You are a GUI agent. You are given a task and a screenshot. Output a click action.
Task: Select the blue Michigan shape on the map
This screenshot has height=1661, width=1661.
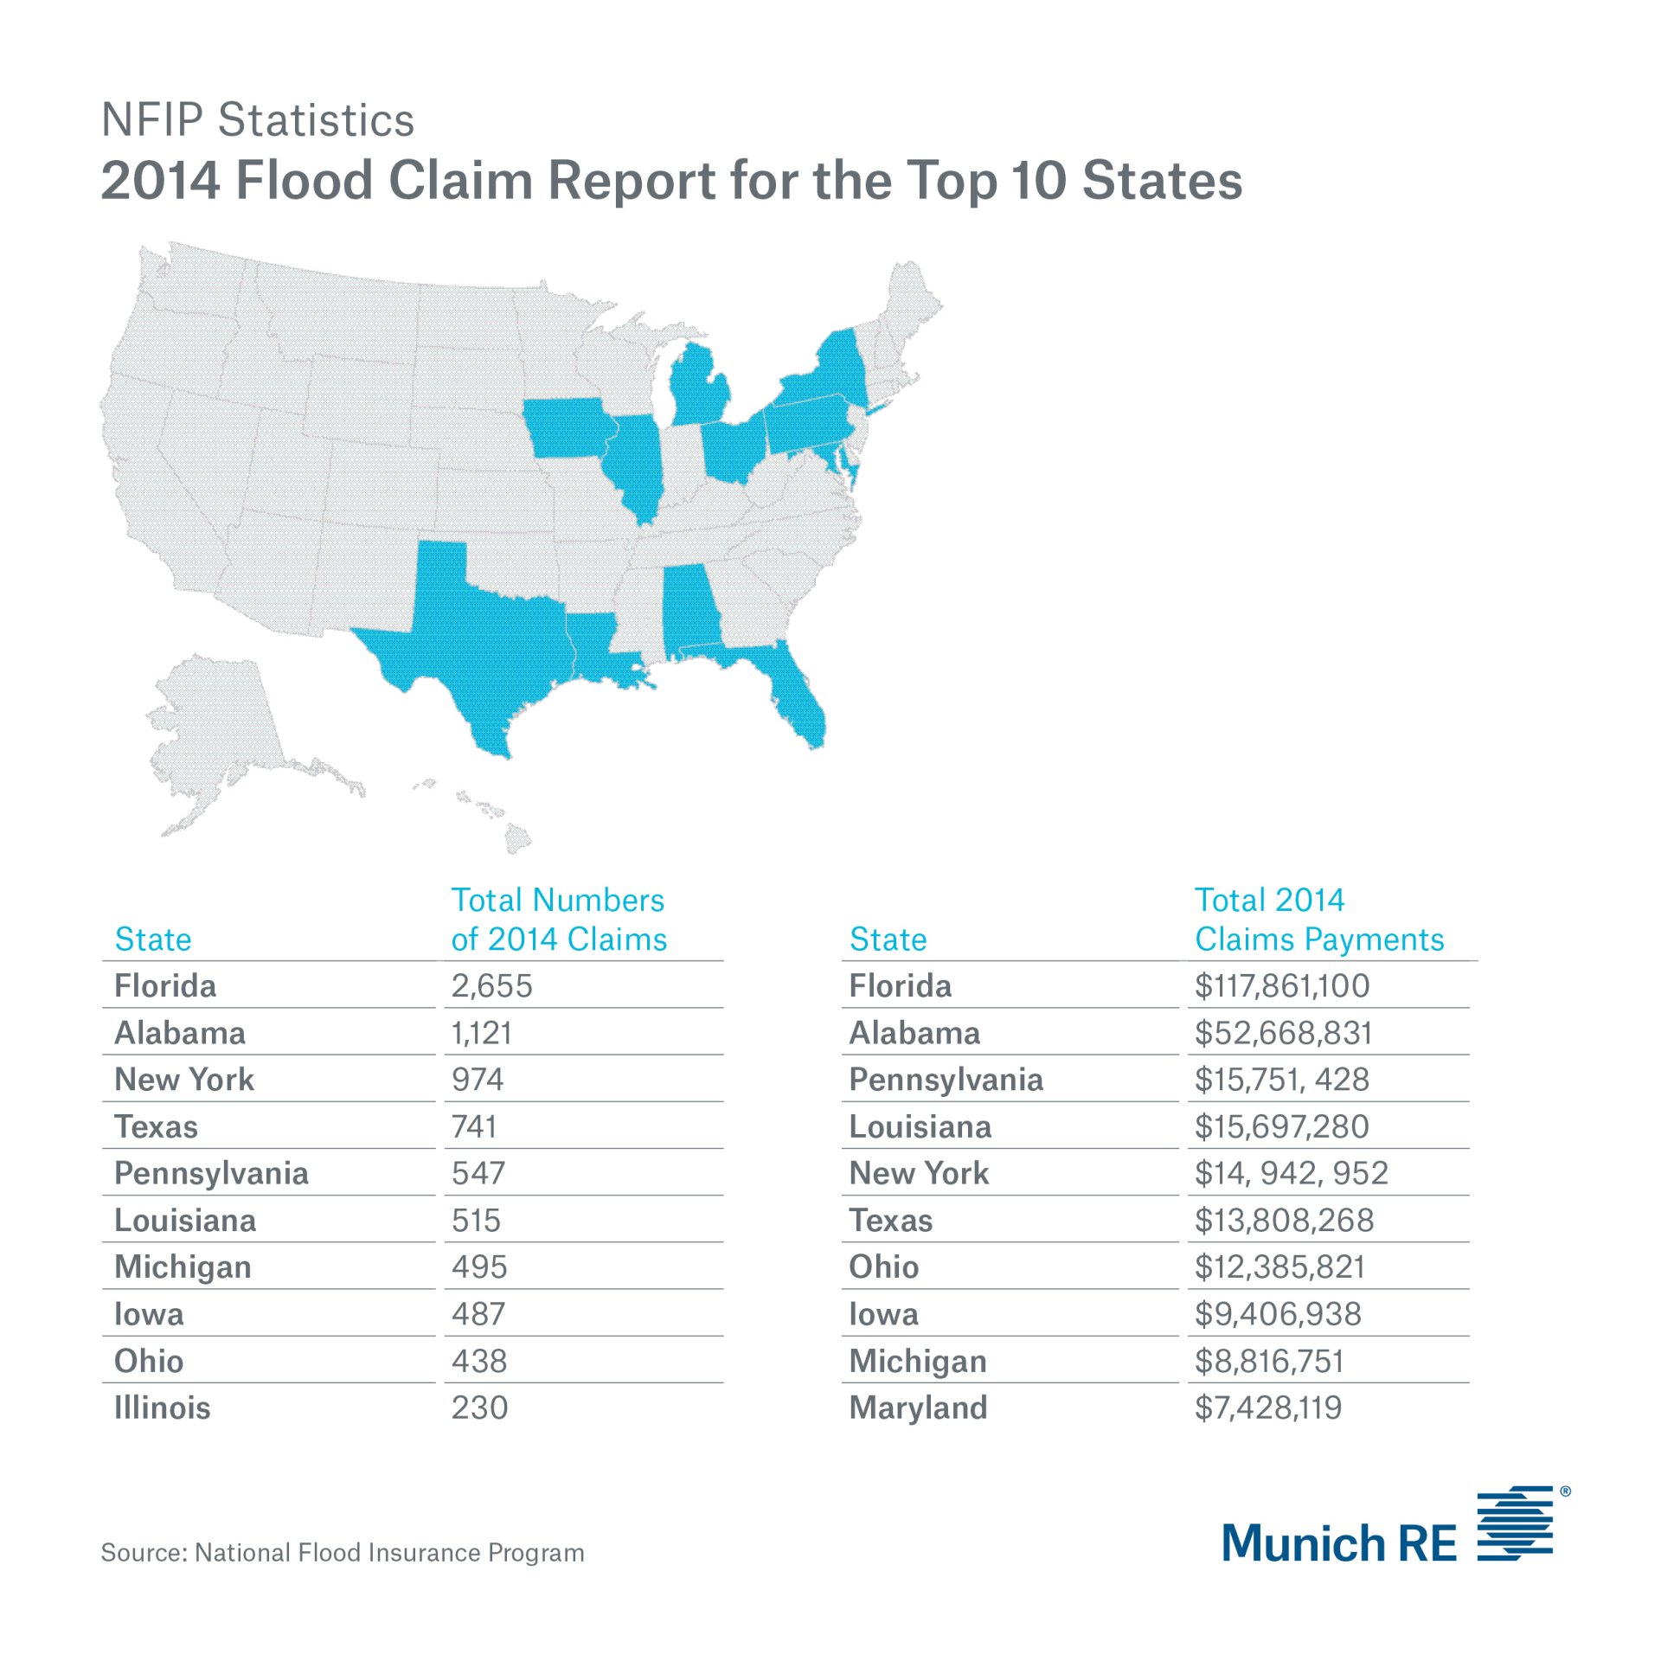coord(699,389)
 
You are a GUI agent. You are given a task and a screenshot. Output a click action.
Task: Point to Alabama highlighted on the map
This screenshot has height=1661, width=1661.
coord(690,610)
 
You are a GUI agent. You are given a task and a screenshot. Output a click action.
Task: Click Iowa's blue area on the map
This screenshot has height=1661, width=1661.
coord(567,428)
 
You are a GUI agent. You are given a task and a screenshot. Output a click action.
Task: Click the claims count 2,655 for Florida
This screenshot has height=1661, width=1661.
coord(491,986)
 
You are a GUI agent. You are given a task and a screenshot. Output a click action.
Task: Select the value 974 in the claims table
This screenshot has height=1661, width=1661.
coord(477,1080)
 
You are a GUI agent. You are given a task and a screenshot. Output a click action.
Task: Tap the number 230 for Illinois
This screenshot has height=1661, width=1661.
coord(479,1408)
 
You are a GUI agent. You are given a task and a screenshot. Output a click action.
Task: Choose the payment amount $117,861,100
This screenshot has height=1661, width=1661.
coord(1281,986)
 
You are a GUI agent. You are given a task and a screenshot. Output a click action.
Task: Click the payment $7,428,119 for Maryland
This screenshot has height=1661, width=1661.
coord(1267,1408)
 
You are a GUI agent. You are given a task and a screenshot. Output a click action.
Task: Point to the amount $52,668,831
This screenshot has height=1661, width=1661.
coord(1283,1033)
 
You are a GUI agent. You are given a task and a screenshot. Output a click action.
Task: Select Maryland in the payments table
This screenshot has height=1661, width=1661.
coord(917,1408)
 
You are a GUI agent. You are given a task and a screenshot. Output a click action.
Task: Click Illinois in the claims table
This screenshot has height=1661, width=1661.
coord(162,1408)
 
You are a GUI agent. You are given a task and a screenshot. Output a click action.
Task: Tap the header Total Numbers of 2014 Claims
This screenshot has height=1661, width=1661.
coord(558,920)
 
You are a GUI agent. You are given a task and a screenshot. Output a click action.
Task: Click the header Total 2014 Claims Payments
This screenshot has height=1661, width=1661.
coord(1318,920)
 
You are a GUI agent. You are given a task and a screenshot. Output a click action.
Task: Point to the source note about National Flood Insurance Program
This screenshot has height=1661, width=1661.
coord(343,1553)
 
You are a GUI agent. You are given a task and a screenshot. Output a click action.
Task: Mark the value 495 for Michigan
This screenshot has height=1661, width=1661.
coord(479,1267)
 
